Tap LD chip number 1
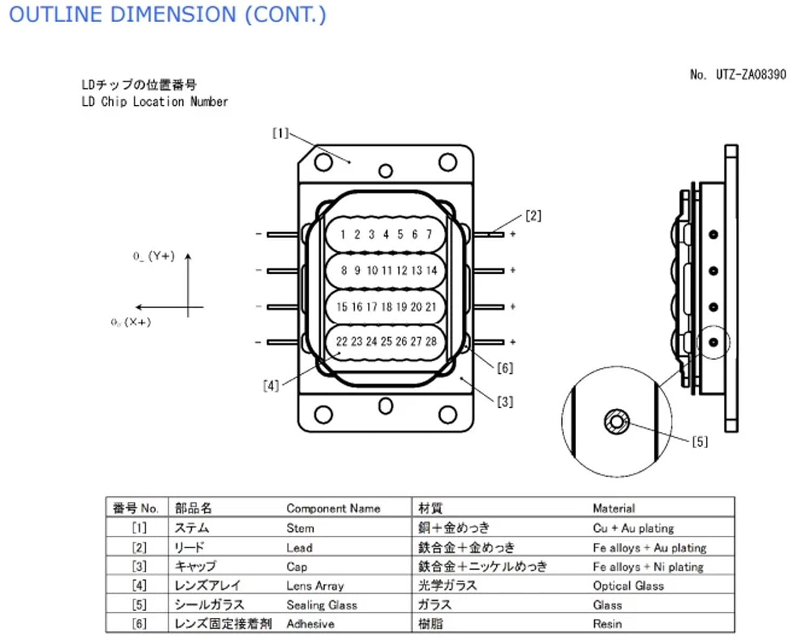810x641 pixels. pyautogui.click(x=342, y=234)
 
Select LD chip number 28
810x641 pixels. pyautogui.click(x=431, y=341)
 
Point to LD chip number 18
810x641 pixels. pyautogui.click(x=387, y=307)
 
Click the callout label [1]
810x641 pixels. pyautogui.click(x=280, y=133)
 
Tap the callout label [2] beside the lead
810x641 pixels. pyautogui.click(x=533, y=216)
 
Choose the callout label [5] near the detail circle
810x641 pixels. pyautogui.click(x=699, y=442)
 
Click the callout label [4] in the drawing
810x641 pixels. pyautogui.click(x=271, y=386)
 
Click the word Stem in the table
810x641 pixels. pyautogui.click(x=300, y=528)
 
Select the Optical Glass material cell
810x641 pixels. pyautogui.click(x=628, y=586)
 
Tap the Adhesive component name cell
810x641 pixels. pyautogui.click(x=310, y=624)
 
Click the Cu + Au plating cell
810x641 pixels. pyautogui.click(x=633, y=528)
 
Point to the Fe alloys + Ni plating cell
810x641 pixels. pyautogui.click(x=648, y=567)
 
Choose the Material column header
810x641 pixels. pyautogui.click(x=613, y=508)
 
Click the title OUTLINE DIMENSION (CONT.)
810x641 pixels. pyautogui.click(x=167, y=15)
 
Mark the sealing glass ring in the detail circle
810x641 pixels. pyautogui.click(x=617, y=422)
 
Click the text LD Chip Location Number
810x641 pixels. pyautogui.click(x=155, y=102)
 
